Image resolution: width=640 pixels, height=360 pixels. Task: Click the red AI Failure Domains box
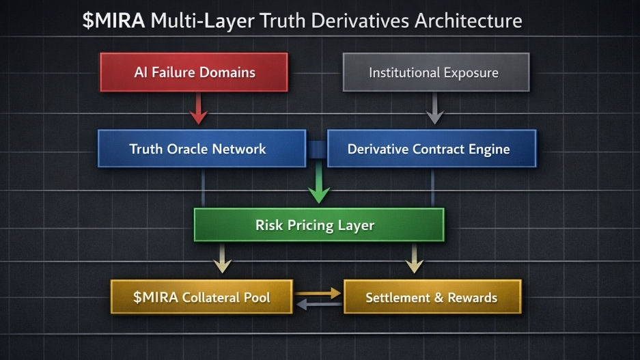[194, 72]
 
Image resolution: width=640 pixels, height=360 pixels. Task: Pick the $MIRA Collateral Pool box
[201, 297]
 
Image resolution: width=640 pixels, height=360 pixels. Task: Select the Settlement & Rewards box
[432, 297]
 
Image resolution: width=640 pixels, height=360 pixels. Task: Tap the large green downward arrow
[316, 186]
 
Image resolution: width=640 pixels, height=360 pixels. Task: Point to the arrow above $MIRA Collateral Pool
[222, 260]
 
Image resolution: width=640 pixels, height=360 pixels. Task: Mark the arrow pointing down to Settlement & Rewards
[412, 260]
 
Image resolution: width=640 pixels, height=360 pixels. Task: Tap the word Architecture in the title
[468, 20]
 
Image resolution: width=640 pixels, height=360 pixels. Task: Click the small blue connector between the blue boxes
[316, 148]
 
